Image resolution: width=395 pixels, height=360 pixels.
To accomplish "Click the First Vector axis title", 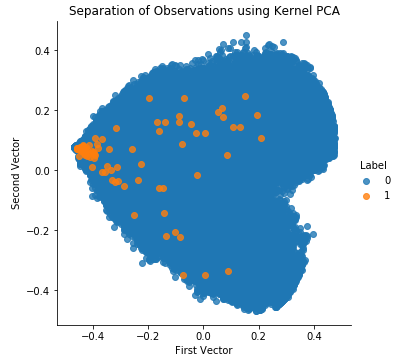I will coord(203,350).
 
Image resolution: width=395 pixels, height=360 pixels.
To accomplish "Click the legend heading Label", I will coord(374,165).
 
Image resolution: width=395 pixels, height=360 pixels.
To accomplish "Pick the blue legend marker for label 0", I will coord(366,180).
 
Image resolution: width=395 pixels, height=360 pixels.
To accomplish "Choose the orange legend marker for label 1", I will coord(366,195).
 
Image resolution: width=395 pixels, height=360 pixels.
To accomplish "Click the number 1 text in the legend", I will coord(387,195).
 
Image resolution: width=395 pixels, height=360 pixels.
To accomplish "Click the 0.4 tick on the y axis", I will coord(43,50).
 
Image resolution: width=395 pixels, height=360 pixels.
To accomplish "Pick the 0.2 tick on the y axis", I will coord(43,110).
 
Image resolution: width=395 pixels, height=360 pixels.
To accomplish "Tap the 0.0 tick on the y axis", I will coord(43,170).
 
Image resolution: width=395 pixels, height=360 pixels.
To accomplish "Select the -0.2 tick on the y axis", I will coord(40,230).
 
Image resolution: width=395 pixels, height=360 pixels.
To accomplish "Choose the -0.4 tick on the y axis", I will coord(40,290).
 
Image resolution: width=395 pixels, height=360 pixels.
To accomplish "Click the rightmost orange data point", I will coord(261,138).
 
